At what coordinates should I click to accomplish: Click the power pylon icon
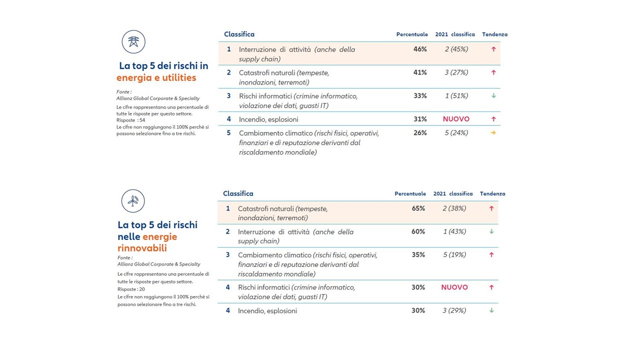(133, 42)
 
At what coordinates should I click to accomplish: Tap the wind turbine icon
(133, 201)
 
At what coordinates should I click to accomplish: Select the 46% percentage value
(420, 49)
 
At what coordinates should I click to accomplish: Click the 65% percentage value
(418, 208)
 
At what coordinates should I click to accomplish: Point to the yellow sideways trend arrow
(493, 133)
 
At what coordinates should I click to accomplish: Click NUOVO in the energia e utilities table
(456, 119)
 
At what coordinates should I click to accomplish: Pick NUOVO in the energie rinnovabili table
(454, 287)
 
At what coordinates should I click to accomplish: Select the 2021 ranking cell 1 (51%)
(456, 96)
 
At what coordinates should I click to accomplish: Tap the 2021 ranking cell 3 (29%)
(454, 310)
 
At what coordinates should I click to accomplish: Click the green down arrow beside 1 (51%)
(493, 96)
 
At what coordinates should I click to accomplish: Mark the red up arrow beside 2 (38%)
(491, 208)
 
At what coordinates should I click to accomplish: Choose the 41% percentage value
(420, 72)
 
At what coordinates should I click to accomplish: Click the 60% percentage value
(418, 231)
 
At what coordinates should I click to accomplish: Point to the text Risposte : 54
(131, 120)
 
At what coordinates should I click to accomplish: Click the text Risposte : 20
(131, 289)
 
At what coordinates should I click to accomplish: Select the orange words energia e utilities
(156, 78)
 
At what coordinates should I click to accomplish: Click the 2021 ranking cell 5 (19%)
(454, 254)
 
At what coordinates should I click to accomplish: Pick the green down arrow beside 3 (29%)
(491, 310)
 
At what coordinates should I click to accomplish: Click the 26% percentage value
(420, 133)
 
